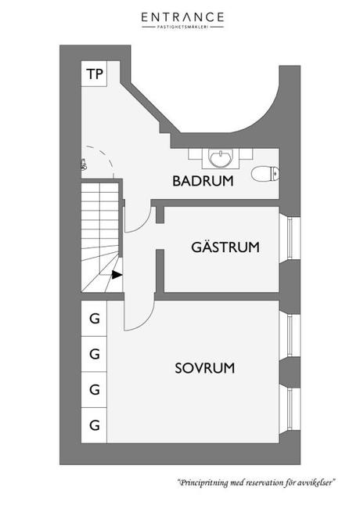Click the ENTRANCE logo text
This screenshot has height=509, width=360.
tap(182, 17)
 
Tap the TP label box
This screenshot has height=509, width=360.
tap(94, 74)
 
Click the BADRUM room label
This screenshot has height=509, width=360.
tap(203, 181)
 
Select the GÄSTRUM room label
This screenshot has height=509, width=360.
tap(225, 247)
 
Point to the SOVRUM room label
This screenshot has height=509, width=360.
tap(204, 368)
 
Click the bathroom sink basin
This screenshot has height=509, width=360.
tap(220, 159)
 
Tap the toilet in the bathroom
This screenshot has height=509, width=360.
tap(265, 174)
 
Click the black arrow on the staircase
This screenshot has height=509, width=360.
tap(117, 275)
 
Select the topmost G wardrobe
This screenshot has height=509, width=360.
tap(94, 319)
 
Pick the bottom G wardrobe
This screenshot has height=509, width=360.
tap(94, 425)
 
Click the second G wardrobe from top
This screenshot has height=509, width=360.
tap(94, 354)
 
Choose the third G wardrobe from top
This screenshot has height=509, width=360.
tap(94, 389)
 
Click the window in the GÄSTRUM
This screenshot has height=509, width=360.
tap(290, 238)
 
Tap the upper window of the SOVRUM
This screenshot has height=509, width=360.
tap(290, 335)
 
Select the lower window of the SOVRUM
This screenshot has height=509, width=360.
tap(290, 410)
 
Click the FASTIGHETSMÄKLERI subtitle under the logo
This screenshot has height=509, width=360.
tap(182, 27)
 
